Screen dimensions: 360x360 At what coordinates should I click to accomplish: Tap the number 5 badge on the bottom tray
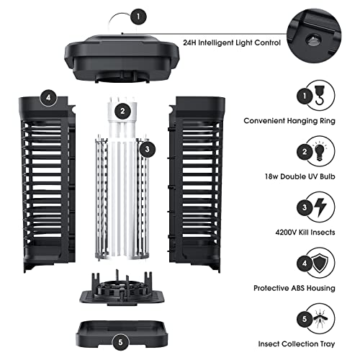click(x=122, y=341)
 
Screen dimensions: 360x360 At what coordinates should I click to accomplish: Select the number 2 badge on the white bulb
click(x=124, y=110)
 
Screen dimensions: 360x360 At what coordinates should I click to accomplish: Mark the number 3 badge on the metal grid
click(x=147, y=149)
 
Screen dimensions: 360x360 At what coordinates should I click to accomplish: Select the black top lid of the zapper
click(x=122, y=58)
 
